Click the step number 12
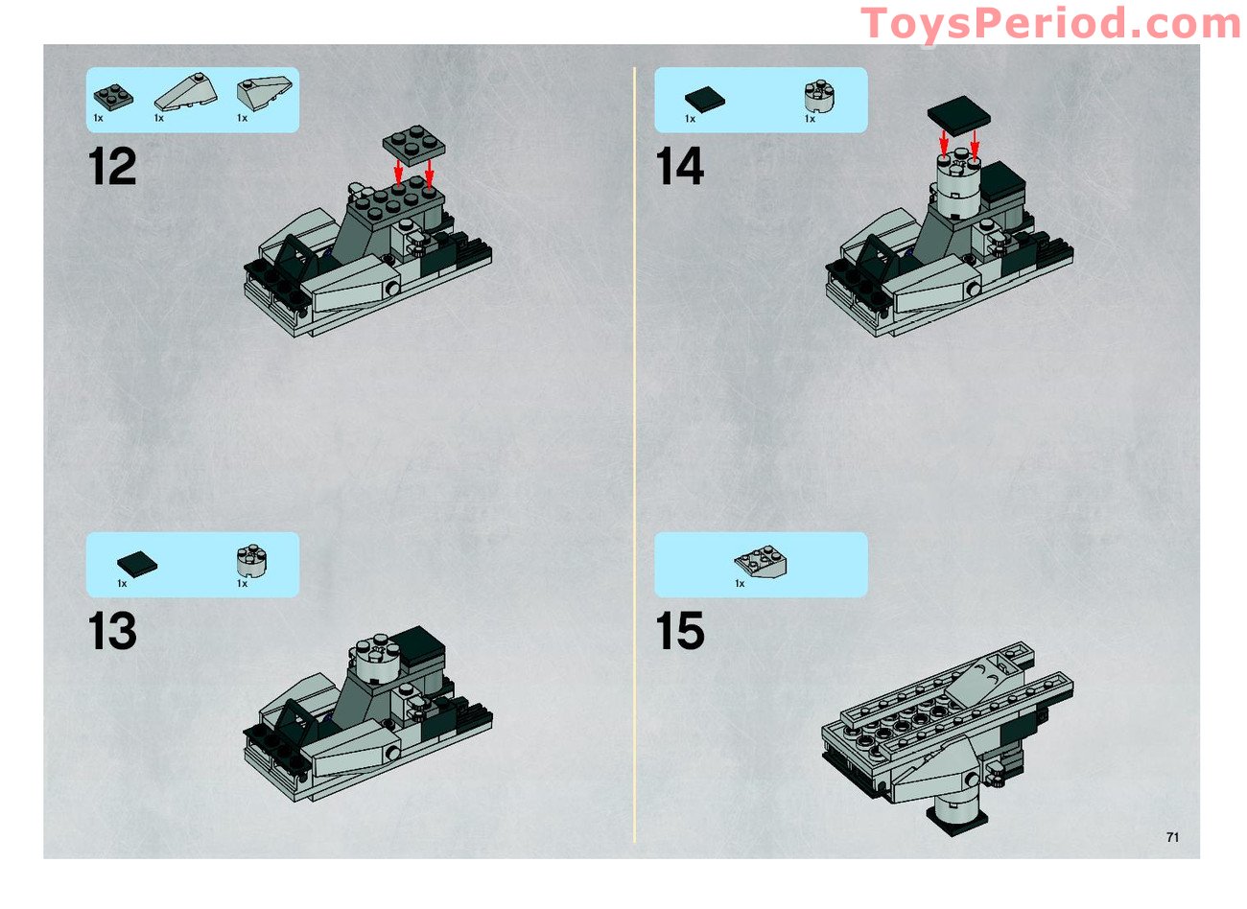113,168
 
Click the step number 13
112,632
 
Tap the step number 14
680,168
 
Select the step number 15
680,632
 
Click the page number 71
1172,837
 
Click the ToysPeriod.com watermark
1050,23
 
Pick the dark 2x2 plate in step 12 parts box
113,97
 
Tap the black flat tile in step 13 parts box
137,563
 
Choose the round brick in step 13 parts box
251,561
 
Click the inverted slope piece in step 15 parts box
761,562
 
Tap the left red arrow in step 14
944,144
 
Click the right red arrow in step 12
429,172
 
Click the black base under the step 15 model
954,821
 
